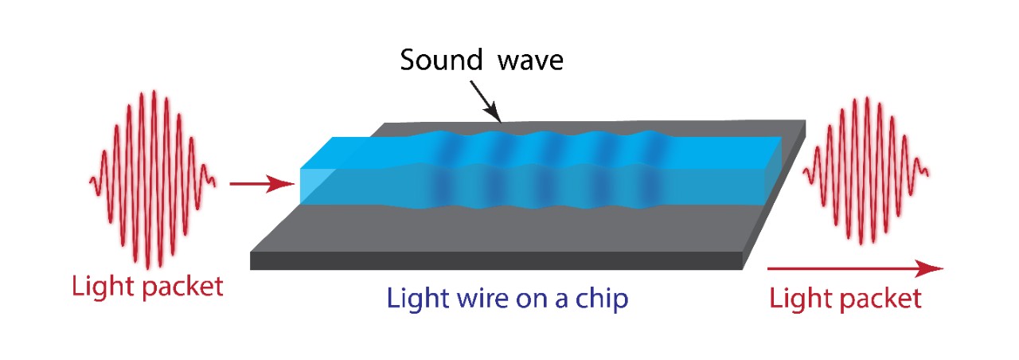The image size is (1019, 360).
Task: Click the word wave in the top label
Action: [x=530, y=61]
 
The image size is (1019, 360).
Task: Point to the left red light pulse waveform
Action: [x=152, y=178]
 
